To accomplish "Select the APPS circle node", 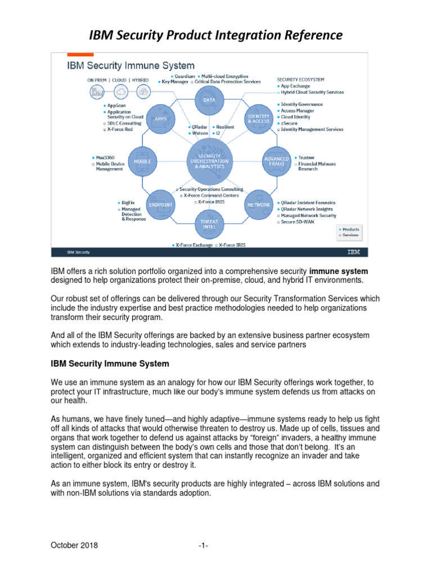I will (160, 118).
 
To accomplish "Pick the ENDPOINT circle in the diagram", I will (160, 204).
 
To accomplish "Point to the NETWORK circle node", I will (258, 204).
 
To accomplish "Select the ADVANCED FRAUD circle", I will (276, 161).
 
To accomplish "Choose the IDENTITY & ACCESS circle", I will (258, 118).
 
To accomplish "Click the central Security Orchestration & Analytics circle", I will (209, 161).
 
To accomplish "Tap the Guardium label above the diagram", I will (183, 76).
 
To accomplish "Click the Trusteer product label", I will (307, 158).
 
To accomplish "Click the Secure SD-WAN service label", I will (295, 222).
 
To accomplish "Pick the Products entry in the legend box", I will (349, 229).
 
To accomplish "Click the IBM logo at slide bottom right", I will (354, 251).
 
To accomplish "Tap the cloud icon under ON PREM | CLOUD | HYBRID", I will (120, 92).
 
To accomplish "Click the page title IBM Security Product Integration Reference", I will (216, 35).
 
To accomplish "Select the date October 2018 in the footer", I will (74, 545).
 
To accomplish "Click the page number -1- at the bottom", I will (204, 545).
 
